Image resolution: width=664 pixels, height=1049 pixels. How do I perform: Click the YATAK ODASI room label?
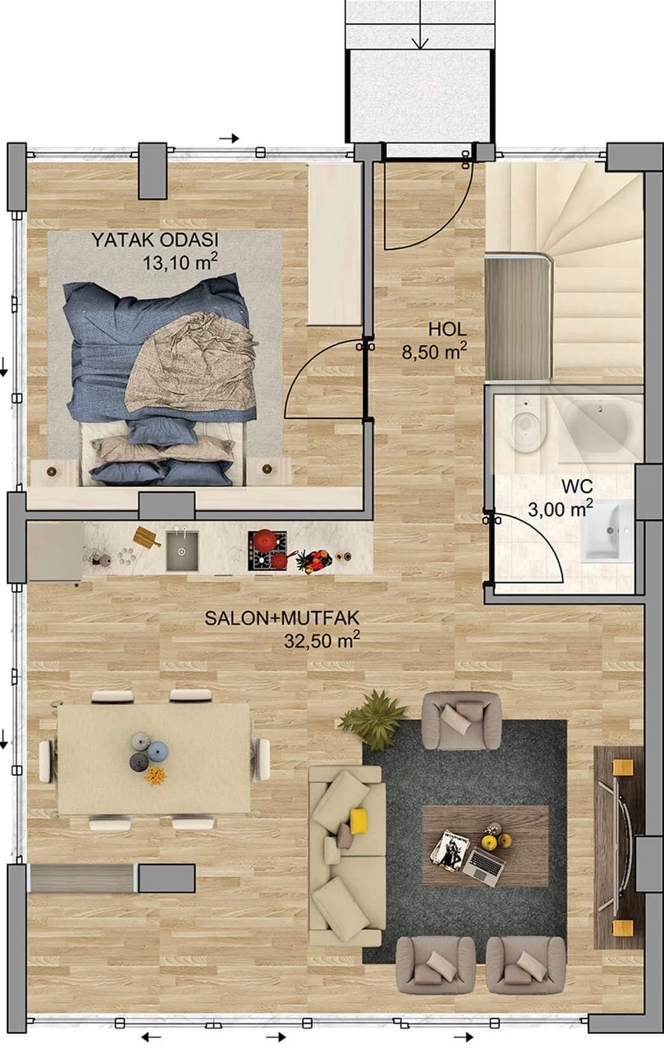155,240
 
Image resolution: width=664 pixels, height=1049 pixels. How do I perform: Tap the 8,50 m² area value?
434,351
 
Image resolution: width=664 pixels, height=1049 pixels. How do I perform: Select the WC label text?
577,486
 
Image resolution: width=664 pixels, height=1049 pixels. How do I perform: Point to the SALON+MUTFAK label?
282,618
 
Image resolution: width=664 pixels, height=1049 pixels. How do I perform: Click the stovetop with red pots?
267,551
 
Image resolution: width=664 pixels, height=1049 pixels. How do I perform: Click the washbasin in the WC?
608,530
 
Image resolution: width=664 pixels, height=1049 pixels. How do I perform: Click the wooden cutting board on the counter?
147,537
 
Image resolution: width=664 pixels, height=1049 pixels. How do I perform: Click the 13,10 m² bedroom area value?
180,262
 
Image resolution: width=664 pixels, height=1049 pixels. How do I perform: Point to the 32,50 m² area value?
322,640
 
